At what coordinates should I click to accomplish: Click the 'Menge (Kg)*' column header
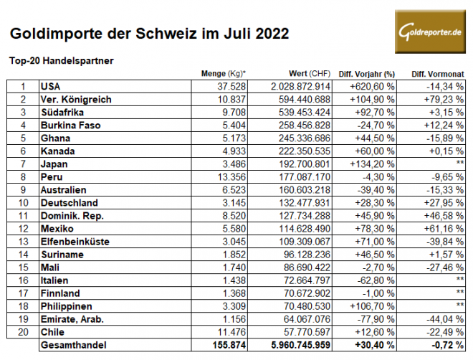(x=224, y=74)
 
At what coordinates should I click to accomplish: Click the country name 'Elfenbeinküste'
(x=76, y=242)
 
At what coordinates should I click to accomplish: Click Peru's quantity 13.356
(x=231, y=177)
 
